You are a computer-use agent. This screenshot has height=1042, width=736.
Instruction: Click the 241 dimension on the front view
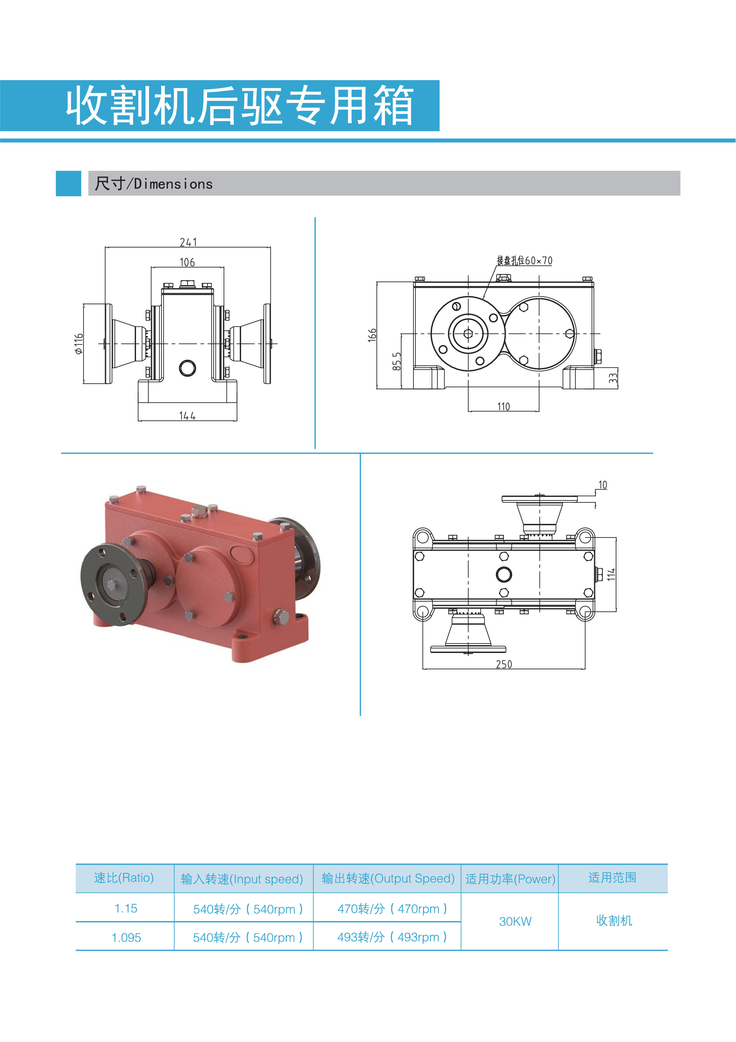point(188,242)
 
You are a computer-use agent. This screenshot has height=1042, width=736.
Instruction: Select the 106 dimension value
point(187,262)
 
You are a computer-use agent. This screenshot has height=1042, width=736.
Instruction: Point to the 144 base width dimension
point(187,416)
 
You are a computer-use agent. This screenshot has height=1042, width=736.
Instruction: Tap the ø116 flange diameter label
point(79,344)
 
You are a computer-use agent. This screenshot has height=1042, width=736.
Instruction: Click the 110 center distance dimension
point(503,407)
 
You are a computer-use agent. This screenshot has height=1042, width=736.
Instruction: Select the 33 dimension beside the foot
point(613,378)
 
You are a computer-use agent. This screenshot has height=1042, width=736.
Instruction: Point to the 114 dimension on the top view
point(611,574)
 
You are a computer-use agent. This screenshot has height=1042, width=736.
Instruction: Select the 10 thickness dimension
point(602,485)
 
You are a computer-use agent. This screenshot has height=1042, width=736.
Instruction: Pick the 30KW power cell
point(515,922)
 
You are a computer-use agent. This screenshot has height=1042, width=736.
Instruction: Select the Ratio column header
point(124,878)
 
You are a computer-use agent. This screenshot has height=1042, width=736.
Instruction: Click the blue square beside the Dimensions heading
point(69,183)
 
